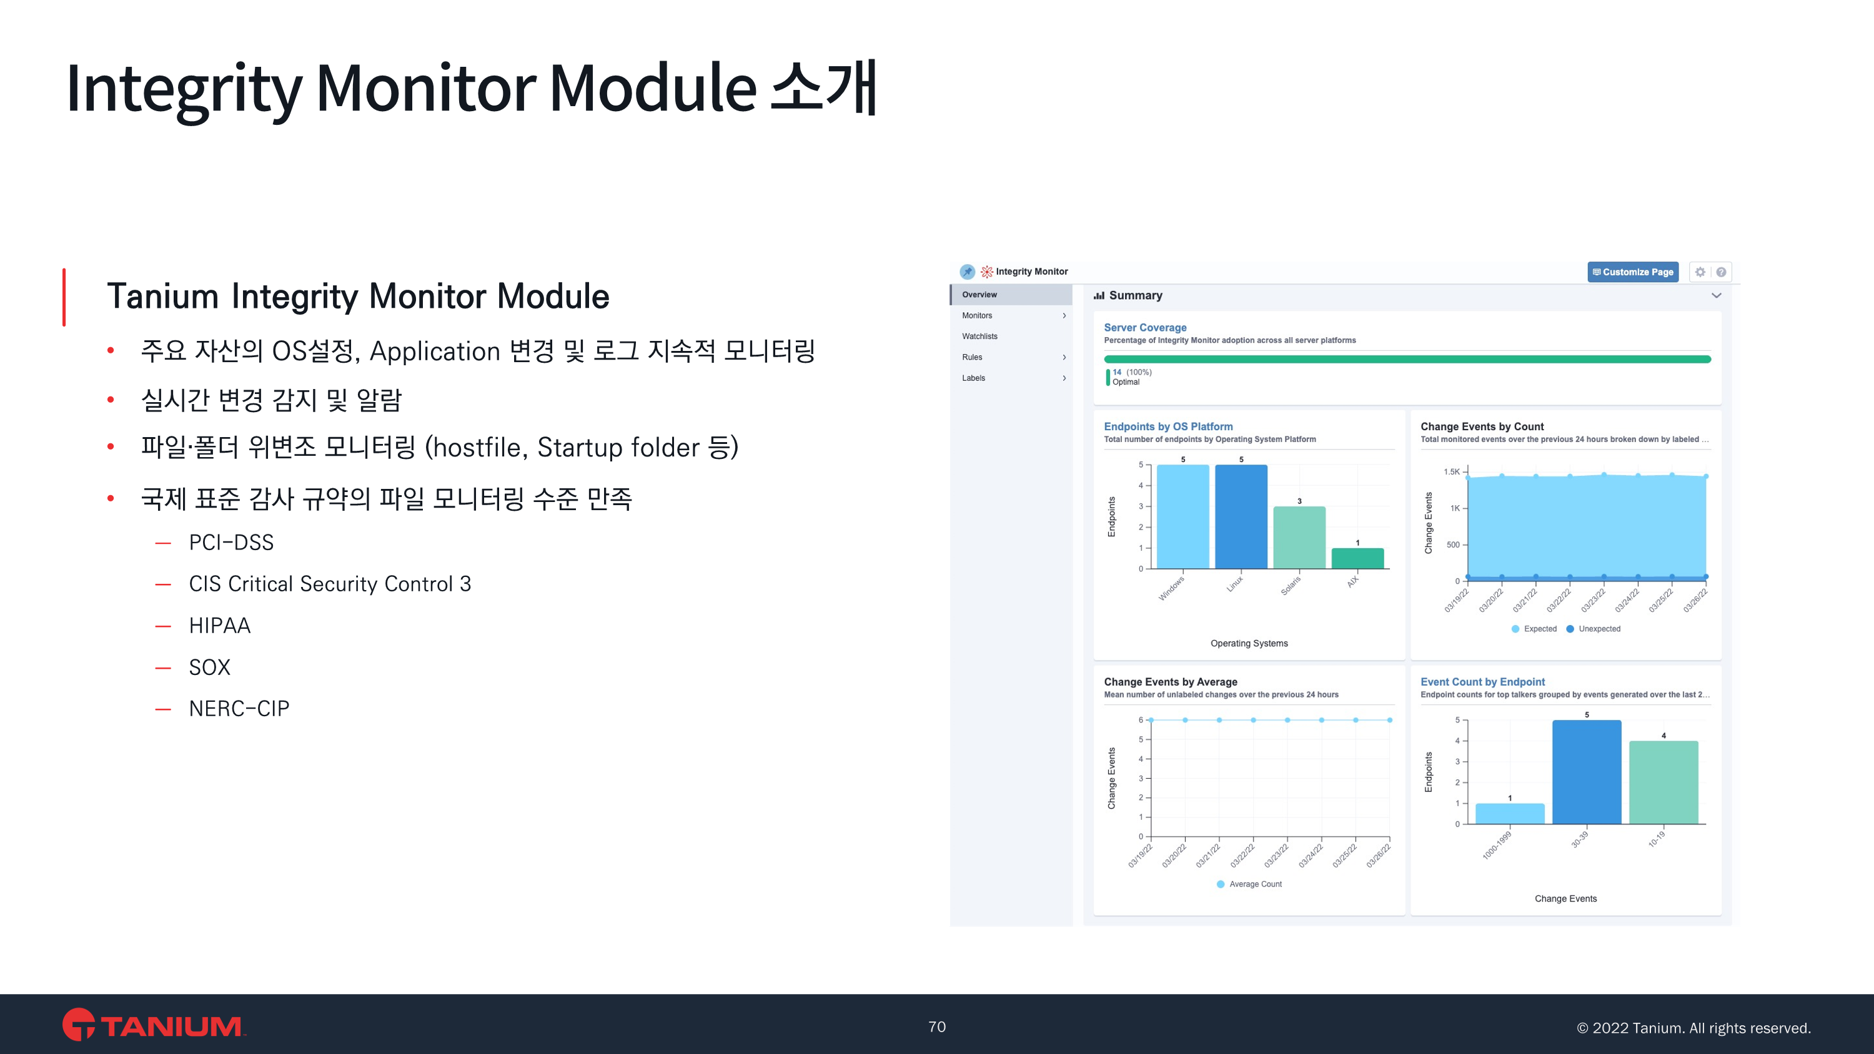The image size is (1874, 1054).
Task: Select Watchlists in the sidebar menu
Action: coord(979,336)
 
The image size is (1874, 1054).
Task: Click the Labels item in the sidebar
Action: coord(973,378)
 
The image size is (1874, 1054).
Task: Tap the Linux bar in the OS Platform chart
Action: coord(1241,516)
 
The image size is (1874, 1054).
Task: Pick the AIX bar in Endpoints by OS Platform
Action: coord(1357,558)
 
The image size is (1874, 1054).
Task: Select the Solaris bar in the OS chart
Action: coord(1299,538)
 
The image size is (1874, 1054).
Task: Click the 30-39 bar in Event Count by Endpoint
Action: coord(1587,772)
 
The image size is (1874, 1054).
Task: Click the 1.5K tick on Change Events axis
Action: coord(1451,471)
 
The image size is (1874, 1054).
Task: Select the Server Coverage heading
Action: coord(1145,327)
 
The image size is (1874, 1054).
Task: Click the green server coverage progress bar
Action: coord(1407,358)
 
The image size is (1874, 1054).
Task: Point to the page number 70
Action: coord(937,1027)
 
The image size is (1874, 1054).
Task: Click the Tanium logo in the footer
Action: coord(154,1024)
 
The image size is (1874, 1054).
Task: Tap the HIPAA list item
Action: coord(220,626)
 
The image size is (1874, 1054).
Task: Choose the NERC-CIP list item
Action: coord(239,709)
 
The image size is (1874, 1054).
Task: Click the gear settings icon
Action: coord(1700,272)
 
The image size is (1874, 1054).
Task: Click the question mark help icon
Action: coord(1720,272)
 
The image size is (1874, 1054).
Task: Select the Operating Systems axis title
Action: coord(1249,643)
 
